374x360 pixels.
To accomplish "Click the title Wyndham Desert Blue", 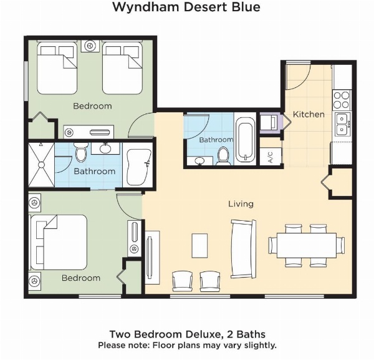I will [x=186, y=7].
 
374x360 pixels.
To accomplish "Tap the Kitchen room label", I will [x=309, y=114].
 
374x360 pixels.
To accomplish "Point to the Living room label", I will [x=241, y=204].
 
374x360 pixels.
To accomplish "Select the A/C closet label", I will [x=270, y=157].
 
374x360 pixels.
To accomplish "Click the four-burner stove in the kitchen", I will [x=342, y=99].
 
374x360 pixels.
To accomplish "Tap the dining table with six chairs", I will [x=305, y=244].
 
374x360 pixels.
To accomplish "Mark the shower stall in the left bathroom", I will [x=41, y=165].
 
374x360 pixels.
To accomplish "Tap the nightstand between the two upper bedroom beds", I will [x=92, y=46].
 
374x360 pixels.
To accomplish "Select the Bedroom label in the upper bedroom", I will [x=92, y=106].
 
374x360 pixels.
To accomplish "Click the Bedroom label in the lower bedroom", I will [x=80, y=278].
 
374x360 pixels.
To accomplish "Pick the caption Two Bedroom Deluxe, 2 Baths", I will [x=187, y=334].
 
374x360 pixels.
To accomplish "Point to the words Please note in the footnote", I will [x=119, y=345].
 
